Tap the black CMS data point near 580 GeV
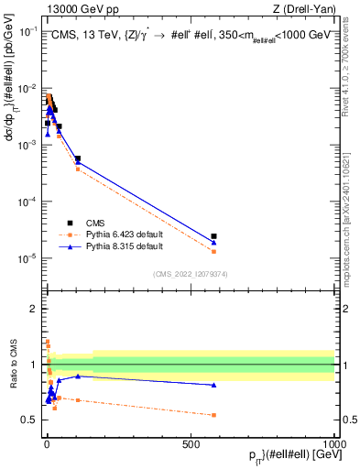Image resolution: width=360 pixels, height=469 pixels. (x=213, y=236)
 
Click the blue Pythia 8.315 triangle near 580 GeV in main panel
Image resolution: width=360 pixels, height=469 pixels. (x=213, y=243)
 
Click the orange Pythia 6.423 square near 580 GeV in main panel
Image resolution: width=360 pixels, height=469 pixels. (x=213, y=251)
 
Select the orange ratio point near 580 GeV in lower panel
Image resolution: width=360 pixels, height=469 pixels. (x=213, y=415)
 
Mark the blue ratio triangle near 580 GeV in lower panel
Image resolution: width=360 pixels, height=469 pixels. (x=213, y=385)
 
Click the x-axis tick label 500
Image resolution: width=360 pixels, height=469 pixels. (x=191, y=443)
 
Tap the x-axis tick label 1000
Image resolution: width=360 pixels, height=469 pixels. (x=333, y=443)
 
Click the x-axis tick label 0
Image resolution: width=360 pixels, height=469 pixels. (x=47, y=443)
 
